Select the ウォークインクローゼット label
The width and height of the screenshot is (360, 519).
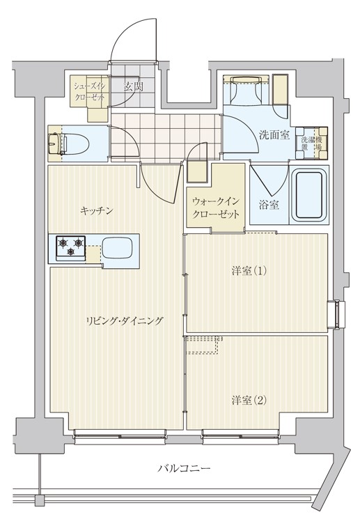tap(215, 208)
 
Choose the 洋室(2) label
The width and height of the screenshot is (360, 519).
tap(249, 399)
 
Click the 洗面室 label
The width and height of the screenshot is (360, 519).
tap(274, 134)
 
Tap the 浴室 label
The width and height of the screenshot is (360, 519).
tap(269, 206)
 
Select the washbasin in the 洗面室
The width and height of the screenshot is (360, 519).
tap(243, 90)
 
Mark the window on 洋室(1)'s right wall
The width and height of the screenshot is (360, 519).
tap(337, 313)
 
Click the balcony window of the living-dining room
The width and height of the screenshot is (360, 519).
tap(120, 437)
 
